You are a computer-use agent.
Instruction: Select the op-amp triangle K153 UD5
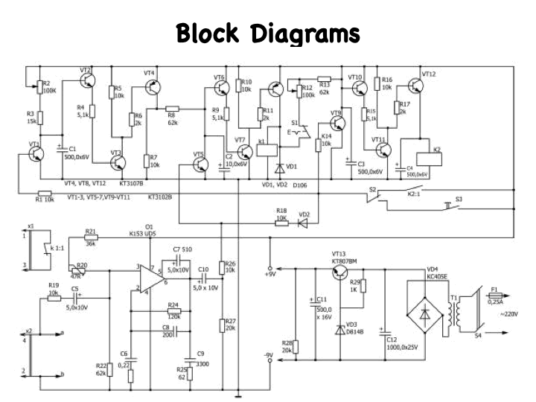pyautogui.click(x=152, y=276)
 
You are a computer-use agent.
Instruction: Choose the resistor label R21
pyautogui.click(x=91, y=232)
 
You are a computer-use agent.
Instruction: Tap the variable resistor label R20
pyautogui.click(x=81, y=265)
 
